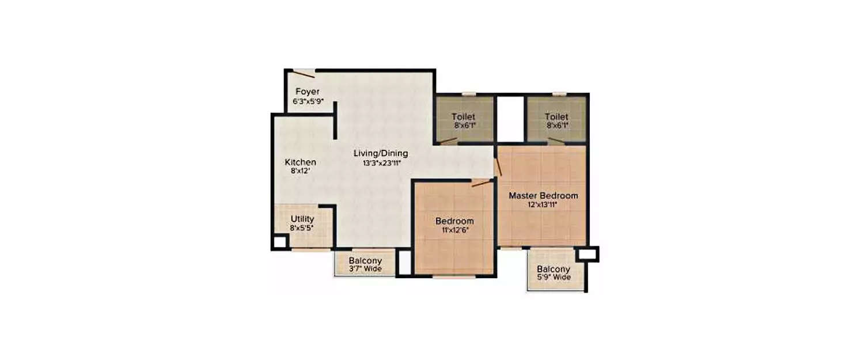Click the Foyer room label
[308, 92]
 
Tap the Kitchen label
[301, 162]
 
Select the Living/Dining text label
[381, 154]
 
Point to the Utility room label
[302, 219]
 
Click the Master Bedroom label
[543, 196]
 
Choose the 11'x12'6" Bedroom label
[454, 221]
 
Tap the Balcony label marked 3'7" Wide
[365, 260]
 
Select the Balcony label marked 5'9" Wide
[554, 269]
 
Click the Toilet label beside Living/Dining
[464, 116]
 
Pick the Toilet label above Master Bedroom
[557, 116]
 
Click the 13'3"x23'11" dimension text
[381, 163]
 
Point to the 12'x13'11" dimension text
[543, 204]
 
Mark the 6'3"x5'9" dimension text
[308, 101]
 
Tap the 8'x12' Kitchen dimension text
[301, 171]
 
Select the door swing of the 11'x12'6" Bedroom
[481, 183]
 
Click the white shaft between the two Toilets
[510, 118]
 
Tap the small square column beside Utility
[279, 242]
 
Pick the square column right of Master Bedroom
[590, 253]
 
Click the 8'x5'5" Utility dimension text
[302, 228]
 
